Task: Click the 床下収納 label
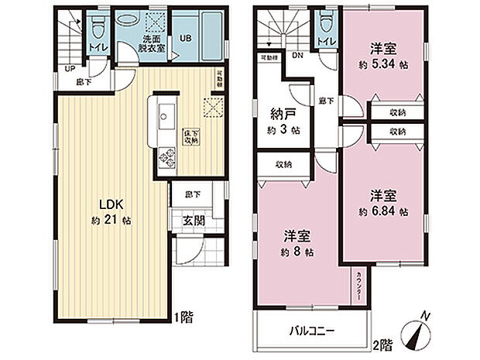(x=190, y=138)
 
